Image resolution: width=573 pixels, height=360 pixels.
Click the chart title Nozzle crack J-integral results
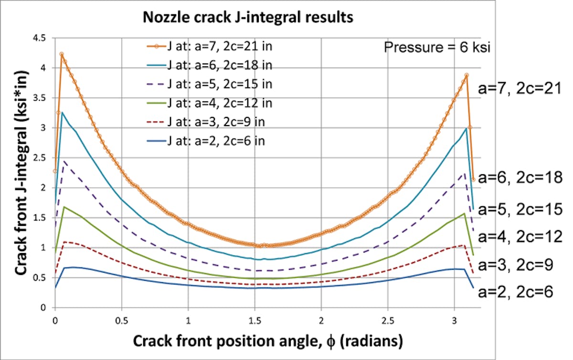point(248,18)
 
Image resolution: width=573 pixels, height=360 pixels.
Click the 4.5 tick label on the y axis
point(42,38)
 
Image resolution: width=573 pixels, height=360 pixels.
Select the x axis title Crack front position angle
point(268,341)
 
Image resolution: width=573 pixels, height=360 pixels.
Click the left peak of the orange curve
point(62,54)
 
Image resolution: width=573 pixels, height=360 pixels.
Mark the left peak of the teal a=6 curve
point(62,112)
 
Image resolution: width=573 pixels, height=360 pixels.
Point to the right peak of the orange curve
point(467,75)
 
